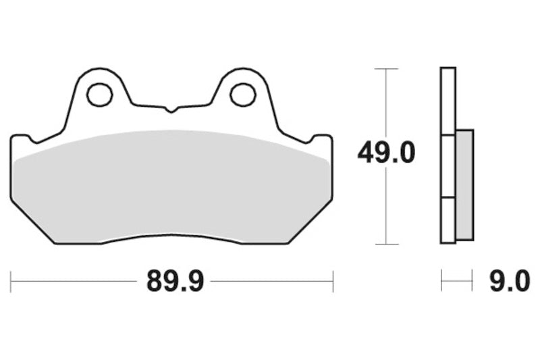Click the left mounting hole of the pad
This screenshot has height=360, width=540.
pos(100,95)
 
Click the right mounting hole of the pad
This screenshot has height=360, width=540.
pos(242,95)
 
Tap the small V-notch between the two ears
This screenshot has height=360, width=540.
pos(171,109)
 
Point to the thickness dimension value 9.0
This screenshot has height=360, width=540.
pos(510,281)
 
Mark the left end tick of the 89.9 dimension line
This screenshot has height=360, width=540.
pos(11,281)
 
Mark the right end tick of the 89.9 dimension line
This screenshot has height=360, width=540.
pos(333,281)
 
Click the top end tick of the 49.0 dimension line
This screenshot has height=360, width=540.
pos(385,69)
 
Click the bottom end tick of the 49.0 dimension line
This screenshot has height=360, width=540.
pos(385,243)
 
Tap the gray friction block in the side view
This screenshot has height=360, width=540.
pos(464,184)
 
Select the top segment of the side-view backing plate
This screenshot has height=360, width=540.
pos(448,101)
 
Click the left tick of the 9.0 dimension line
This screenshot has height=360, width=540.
pos(441,281)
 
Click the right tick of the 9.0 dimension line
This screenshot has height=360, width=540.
pos(472,281)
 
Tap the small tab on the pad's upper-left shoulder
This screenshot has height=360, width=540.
pos(21,139)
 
